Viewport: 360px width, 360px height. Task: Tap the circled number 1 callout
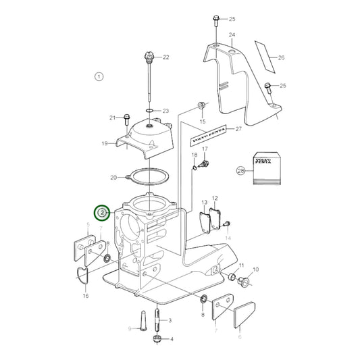click(x=99, y=77)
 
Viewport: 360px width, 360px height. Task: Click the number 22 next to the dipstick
click(x=165, y=57)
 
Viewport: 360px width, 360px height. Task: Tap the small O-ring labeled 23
click(x=149, y=109)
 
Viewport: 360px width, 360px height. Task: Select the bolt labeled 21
click(x=127, y=120)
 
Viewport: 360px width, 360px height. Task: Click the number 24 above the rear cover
click(x=232, y=34)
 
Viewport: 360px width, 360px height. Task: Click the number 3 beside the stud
click(x=170, y=320)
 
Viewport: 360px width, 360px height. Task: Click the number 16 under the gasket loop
click(x=86, y=296)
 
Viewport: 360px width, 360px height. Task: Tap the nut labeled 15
click(x=202, y=106)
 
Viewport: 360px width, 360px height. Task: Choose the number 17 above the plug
click(x=205, y=149)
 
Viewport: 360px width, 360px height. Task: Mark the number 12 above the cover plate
click(x=215, y=198)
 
